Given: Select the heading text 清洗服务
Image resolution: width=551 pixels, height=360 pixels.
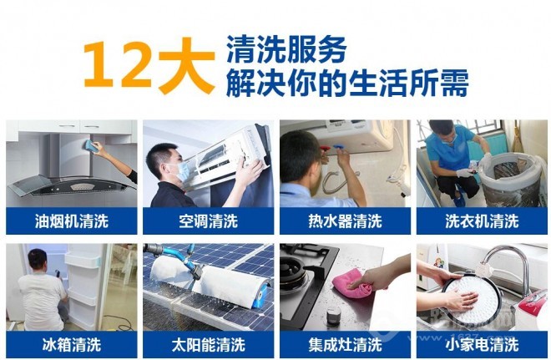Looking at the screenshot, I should click(x=286, y=50).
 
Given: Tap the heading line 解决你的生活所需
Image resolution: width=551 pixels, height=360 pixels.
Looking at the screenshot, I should click(x=346, y=84).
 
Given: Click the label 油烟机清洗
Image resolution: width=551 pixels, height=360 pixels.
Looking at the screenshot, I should click(x=72, y=221).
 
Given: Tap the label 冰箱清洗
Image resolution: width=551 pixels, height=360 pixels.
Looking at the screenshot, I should click(x=72, y=344).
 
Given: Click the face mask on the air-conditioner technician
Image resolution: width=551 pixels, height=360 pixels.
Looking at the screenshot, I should click(x=184, y=170).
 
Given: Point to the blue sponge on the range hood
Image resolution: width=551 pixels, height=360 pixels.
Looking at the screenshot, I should click(x=89, y=145).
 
